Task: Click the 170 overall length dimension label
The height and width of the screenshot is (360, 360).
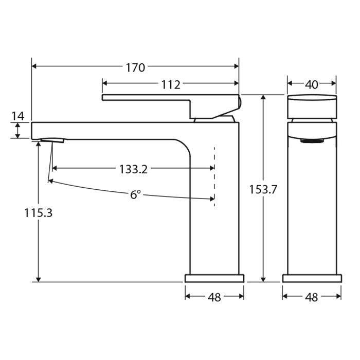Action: [x=135, y=67]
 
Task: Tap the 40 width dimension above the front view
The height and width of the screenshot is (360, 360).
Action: [x=312, y=84]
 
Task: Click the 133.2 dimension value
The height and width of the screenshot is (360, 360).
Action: [x=133, y=169]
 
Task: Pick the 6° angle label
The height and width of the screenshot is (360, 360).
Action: [x=135, y=195]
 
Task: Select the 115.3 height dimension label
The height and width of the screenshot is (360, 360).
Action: [x=38, y=212]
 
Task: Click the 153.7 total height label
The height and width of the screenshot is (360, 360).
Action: [x=263, y=189]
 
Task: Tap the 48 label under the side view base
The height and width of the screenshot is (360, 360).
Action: [x=214, y=297]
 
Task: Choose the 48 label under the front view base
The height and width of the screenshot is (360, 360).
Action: [x=312, y=297]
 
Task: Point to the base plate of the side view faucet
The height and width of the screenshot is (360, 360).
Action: [x=214, y=278]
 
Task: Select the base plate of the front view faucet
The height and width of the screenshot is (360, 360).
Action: [x=312, y=278]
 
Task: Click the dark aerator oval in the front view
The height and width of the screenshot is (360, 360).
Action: [x=311, y=140]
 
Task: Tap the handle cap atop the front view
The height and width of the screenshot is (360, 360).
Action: [x=312, y=106]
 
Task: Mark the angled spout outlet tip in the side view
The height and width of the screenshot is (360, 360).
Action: [x=52, y=140]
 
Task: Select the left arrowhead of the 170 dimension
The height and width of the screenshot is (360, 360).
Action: [x=34, y=66]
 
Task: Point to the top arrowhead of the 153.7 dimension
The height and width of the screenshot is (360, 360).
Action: [x=263, y=98]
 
